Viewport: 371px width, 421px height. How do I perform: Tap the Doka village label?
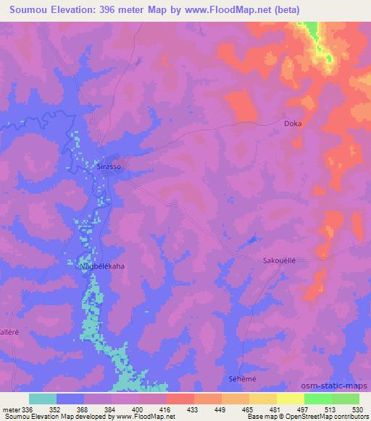(x=293, y=124)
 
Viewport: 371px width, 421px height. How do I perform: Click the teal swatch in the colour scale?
(x=43, y=399)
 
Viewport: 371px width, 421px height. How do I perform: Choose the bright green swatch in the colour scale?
(x=318, y=399)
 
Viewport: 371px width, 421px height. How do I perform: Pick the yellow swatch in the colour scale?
(x=291, y=399)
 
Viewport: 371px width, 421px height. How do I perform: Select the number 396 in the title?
(x=125, y=9)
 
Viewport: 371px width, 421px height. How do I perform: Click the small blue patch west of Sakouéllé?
(x=252, y=239)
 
